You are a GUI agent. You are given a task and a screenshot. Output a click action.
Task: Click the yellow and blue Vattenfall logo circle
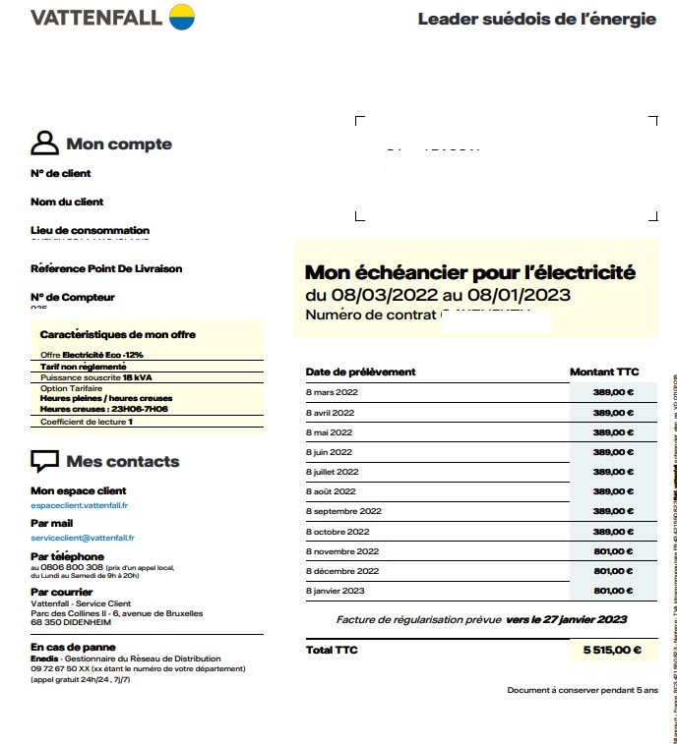click(181, 17)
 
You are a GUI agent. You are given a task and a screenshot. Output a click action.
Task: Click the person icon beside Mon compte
click(44, 143)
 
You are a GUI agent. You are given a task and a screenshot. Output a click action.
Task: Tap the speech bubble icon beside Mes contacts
click(44, 461)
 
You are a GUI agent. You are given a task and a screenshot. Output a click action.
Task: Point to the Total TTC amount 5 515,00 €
click(612, 650)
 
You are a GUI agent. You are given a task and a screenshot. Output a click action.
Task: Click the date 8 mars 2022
click(330, 392)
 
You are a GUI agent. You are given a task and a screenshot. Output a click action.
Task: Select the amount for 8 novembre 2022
click(613, 551)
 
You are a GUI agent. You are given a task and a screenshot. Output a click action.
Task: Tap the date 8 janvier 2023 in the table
click(336, 591)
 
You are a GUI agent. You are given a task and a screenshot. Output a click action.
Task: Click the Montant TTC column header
click(604, 372)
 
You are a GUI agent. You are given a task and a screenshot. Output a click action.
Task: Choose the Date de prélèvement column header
click(360, 372)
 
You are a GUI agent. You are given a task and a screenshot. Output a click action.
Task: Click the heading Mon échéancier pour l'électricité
click(469, 272)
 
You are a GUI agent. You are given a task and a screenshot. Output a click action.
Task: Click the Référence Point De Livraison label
click(106, 268)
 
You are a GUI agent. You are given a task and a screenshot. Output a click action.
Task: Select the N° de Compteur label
click(73, 297)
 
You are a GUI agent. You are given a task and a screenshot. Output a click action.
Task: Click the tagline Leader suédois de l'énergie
click(536, 19)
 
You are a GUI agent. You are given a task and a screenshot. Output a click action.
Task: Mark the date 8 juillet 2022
click(333, 472)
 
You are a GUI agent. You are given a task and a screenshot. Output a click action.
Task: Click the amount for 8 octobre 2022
click(613, 532)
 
